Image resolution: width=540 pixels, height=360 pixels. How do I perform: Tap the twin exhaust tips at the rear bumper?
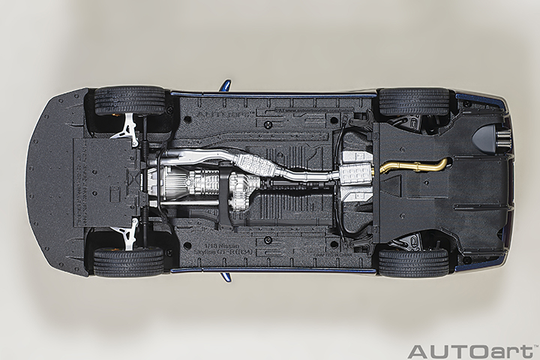point(503,139)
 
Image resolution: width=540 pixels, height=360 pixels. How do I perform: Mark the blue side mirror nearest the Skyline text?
point(224,276)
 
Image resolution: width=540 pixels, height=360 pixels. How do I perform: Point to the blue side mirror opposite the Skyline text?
point(224,85)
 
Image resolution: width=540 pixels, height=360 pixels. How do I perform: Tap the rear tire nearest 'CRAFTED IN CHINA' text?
point(413,262)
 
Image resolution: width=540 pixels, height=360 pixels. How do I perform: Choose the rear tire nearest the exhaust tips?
point(413,101)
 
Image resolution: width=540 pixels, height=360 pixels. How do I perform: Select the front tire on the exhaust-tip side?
point(129,100)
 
